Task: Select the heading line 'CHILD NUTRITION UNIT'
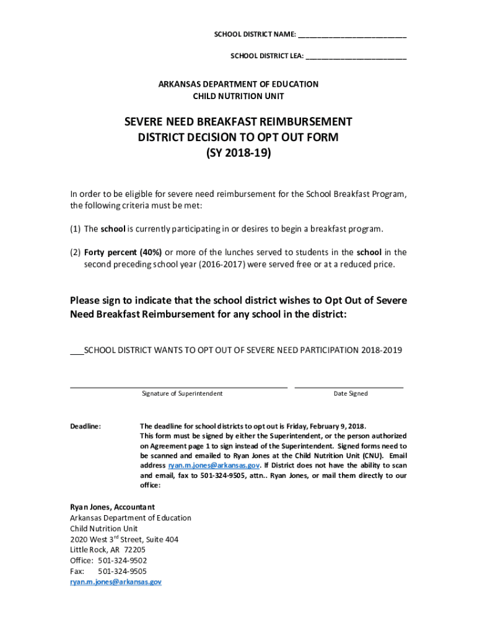coord(239,96)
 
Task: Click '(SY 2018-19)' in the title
coord(239,152)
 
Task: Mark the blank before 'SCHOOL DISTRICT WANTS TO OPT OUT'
coord(76,350)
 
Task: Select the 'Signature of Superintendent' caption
coord(182,394)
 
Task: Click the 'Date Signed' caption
coord(351,394)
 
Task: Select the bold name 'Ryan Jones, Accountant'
coord(112,507)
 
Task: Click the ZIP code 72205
coord(134,550)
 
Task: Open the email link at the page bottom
coord(115,582)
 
